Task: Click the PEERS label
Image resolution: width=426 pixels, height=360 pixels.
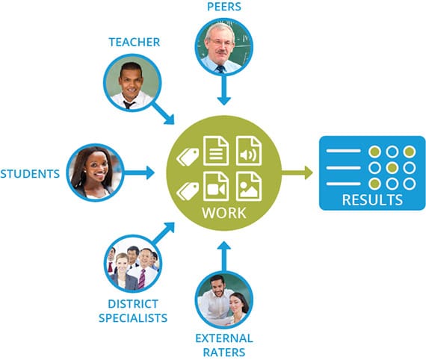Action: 224,7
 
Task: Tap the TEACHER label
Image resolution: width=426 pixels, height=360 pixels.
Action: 135,42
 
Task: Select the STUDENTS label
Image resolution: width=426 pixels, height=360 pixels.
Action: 30,174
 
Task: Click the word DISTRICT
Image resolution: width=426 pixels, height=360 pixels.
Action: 133,304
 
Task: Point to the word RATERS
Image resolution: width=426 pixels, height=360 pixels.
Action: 224,353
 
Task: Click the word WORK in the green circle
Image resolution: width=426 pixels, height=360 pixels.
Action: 224,213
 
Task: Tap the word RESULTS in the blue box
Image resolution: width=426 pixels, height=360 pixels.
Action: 372,200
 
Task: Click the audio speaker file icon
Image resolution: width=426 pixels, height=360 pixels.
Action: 249,151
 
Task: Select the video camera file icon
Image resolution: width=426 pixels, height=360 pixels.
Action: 216,186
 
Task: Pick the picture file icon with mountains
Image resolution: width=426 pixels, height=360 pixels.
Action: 249,186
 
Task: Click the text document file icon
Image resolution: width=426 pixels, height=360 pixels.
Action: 216,151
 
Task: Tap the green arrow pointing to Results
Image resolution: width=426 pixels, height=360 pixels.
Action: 297,173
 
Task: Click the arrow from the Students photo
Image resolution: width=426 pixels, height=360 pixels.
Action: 139,173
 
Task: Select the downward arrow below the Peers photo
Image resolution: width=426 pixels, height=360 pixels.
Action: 224,90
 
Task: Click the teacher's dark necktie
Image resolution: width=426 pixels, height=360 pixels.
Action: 129,105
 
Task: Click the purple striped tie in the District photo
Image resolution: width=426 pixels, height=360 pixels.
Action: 142,279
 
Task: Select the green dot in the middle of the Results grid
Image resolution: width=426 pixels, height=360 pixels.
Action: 392,168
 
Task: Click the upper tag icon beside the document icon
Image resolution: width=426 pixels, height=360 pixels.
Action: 188,157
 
